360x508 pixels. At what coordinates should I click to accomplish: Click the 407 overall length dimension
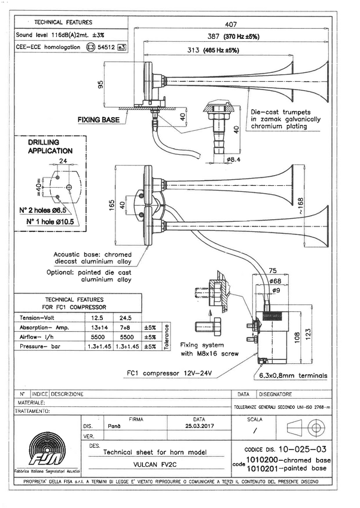point(230,25)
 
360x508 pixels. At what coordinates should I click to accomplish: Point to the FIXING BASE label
point(98,120)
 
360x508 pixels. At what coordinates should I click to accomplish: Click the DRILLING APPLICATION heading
point(51,147)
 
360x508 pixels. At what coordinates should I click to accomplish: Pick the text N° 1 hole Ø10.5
point(52,221)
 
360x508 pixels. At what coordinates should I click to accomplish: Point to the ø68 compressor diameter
point(275,281)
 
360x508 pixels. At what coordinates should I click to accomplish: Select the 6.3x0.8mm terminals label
point(293,376)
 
